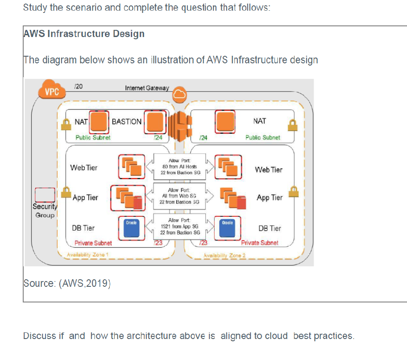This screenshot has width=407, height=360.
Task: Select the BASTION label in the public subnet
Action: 127,121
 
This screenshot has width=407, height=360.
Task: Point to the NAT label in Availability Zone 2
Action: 259,121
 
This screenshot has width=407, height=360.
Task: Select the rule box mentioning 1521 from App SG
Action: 179,227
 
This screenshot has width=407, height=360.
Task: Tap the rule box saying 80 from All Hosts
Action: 179,166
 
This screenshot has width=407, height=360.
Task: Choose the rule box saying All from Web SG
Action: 179,196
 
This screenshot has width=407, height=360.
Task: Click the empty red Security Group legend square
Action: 45,195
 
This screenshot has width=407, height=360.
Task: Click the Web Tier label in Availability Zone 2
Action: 269,170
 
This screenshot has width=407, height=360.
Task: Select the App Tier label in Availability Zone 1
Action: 85,198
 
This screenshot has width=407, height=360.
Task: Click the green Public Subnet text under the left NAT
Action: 93,137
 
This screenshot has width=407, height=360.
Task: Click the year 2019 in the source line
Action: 100,283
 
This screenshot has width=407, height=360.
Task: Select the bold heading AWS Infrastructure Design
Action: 84,34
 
